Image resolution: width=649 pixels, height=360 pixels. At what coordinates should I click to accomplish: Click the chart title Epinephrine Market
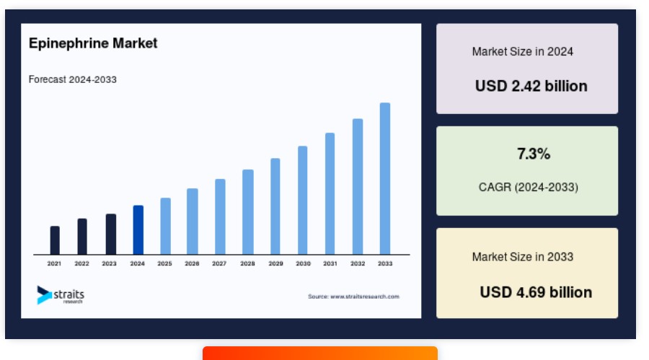(93, 43)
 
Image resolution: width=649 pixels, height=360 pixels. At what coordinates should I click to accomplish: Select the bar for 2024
(138, 230)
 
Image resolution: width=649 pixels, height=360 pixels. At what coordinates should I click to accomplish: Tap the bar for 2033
(385, 178)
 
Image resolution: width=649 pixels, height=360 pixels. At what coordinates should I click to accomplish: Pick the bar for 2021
(55, 240)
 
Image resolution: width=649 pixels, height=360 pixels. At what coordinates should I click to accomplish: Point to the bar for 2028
(248, 212)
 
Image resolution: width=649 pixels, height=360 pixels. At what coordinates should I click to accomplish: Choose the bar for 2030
(303, 200)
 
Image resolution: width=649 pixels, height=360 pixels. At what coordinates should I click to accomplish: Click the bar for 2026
(193, 221)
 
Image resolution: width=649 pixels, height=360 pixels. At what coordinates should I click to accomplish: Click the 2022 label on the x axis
(81, 263)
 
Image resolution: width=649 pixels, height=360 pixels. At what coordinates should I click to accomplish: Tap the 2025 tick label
(164, 263)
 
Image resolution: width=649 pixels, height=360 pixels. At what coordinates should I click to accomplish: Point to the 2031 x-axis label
(330, 263)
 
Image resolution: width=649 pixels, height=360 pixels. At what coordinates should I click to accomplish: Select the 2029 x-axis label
(275, 263)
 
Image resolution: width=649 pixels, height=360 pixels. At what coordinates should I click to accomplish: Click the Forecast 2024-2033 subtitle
(72, 79)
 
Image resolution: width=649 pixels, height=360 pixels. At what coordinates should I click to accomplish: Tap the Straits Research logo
(61, 295)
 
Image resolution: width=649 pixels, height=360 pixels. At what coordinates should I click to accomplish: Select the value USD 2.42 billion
(531, 86)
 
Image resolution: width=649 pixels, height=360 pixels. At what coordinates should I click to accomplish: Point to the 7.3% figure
(534, 154)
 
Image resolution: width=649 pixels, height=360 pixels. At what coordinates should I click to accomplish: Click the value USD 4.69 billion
(536, 292)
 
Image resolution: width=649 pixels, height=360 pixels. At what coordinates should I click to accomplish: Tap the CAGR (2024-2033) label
(528, 188)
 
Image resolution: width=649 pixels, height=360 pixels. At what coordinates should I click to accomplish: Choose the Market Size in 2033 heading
(523, 257)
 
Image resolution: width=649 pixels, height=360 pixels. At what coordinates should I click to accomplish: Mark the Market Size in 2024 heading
(523, 52)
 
